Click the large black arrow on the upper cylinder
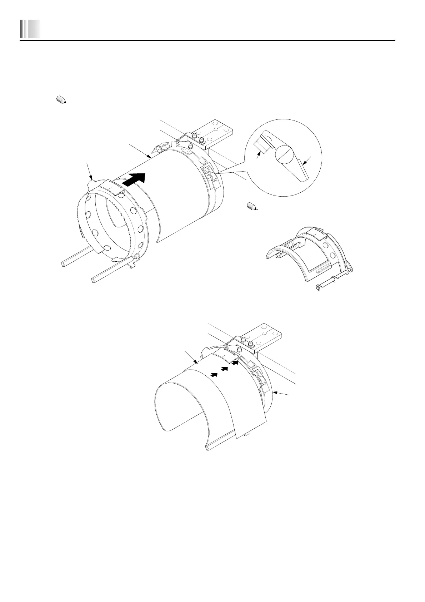coord(135,179)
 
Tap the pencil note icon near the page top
coord(61,100)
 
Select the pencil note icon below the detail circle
coord(252,206)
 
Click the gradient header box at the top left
coord(30,29)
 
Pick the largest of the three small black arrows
coord(235,363)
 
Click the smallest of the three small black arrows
coord(214,374)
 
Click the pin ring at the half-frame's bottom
coord(317,287)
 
